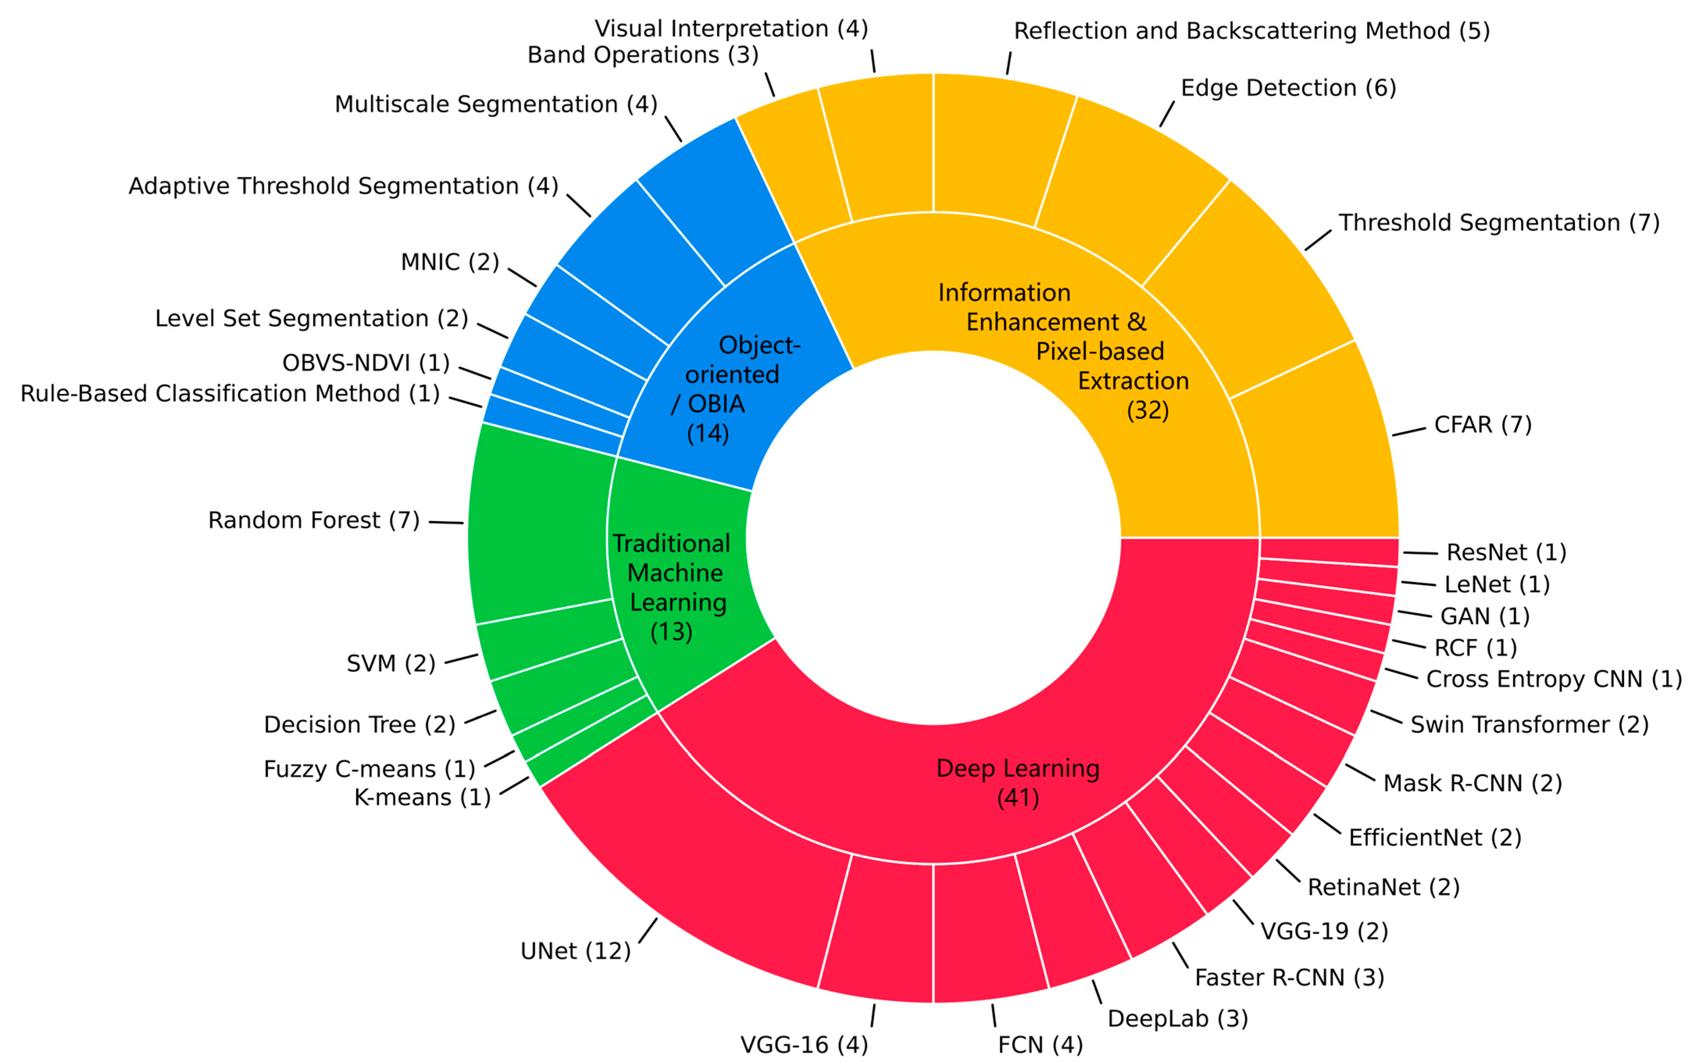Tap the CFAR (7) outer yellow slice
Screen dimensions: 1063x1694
coord(1315,457)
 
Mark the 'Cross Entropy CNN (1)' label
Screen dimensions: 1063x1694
coord(1554,679)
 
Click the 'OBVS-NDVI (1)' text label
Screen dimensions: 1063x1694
coord(366,363)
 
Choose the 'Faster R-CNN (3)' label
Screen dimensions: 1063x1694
coord(1289,977)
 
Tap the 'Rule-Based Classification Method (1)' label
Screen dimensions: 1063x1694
coord(230,394)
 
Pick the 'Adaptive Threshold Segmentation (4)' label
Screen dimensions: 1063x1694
coord(343,186)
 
